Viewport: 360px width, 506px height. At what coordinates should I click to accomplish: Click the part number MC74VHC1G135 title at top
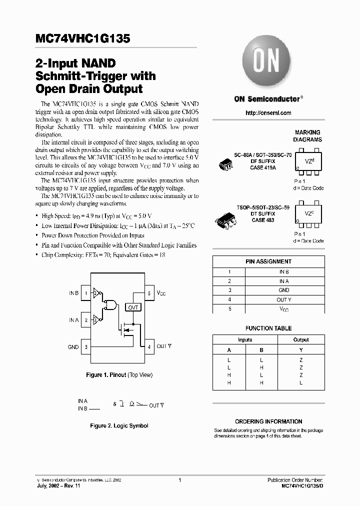[83, 39]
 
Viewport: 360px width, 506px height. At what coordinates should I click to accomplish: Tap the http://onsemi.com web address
[268, 113]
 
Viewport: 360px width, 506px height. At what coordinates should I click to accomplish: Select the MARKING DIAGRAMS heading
[307, 136]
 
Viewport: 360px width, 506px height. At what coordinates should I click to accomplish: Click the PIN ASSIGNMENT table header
[268, 261]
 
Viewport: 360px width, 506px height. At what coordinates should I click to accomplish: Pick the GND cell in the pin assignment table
[284, 290]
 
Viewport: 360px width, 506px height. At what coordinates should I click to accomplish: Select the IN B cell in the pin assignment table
[284, 271]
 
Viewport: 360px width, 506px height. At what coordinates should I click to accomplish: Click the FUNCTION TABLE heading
[268, 328]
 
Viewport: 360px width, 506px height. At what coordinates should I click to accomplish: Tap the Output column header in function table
[301, 339]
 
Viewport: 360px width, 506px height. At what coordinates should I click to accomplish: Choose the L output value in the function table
[301, 382]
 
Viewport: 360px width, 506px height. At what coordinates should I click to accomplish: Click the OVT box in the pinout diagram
[133, 307]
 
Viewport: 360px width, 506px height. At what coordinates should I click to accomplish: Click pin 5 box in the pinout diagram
[149, 293]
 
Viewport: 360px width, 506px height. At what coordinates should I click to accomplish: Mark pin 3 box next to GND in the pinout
[86, 346]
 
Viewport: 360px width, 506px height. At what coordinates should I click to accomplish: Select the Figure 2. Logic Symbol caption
[119, 425]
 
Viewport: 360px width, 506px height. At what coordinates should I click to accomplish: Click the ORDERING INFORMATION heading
[268, 421]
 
